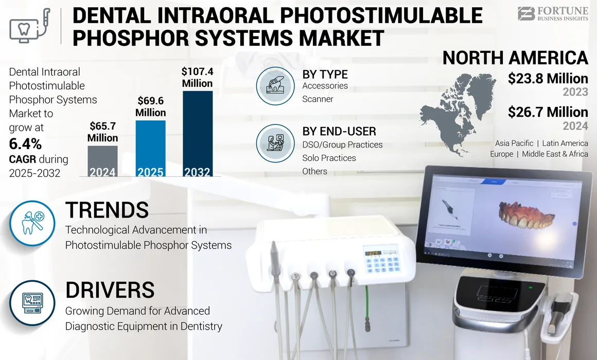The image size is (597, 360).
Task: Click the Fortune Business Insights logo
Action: [x=552, y=13]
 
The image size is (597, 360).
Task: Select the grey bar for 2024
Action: [x=102, y=161]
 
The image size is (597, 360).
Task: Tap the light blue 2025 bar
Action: [x=150, y=149]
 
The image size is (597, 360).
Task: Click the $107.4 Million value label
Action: [x=197, y=77]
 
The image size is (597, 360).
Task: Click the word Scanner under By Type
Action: [x=318, y=99]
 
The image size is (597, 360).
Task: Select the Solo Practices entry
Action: [x=329, y=158]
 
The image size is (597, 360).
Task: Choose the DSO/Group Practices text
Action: [x=342, y=145]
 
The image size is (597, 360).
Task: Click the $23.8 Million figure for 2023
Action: [x=548, y=79]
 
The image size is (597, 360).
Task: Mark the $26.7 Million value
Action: [x=548, y=112]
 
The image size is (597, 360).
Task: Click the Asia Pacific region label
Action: [x=514, y=143]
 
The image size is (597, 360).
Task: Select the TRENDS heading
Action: [x=107, y=210]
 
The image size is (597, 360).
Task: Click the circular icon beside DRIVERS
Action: [x=32, y=302]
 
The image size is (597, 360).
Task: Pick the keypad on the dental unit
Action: [x=381, y=263]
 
